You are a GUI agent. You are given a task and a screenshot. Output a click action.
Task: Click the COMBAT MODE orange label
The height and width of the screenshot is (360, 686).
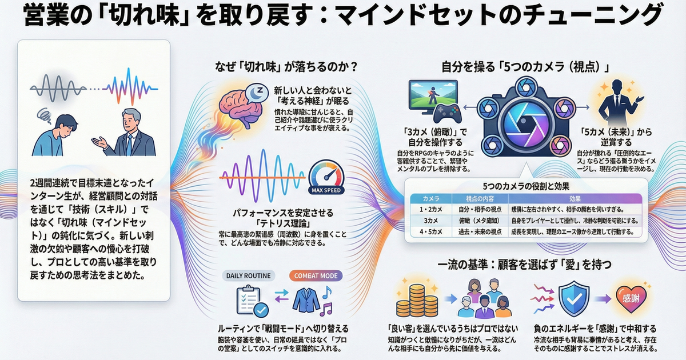coord(315,275)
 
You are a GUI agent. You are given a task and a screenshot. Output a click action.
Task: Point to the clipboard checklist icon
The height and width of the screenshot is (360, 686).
coord(249,301)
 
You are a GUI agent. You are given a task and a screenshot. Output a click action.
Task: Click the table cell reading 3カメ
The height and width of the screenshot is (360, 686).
coord(429,220)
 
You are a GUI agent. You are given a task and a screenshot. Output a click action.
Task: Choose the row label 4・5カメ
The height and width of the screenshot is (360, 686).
coord(429,231)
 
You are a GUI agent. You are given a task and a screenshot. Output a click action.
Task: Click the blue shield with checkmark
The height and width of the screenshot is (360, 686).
coord(573,299)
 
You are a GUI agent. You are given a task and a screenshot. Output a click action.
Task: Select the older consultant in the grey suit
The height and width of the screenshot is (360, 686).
coord(133,133)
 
